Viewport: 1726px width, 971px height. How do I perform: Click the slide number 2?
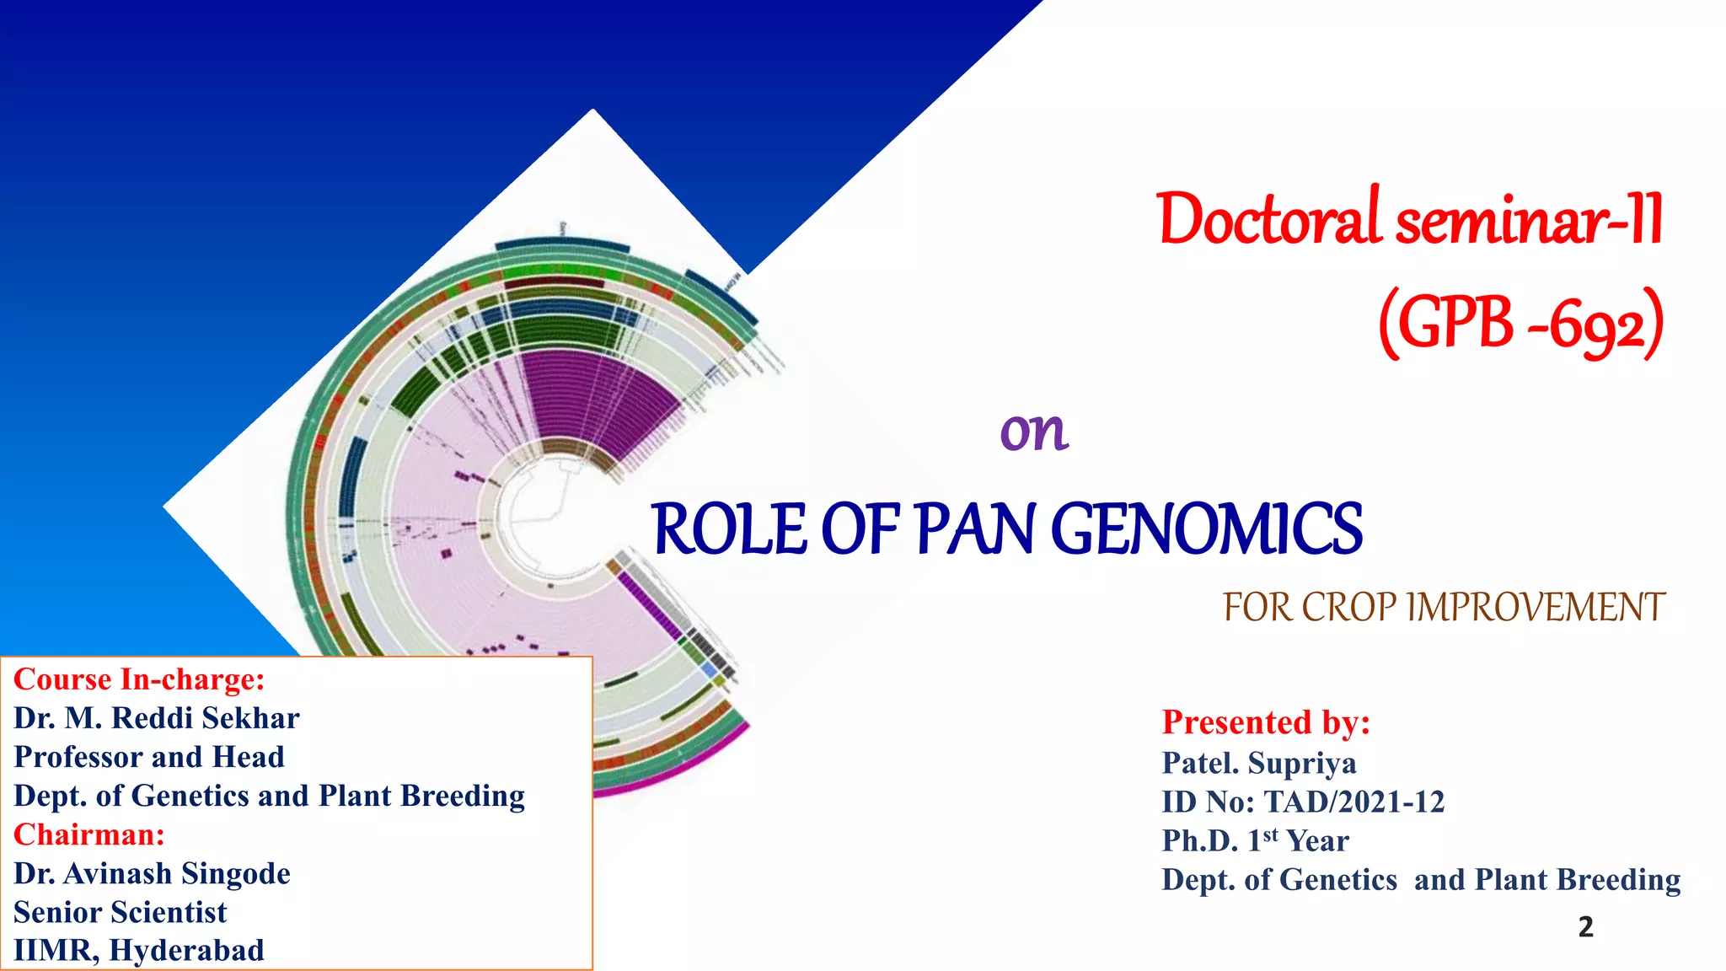[x=1585, y=927]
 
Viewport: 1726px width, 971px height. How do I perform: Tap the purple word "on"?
[x=1034, y=432]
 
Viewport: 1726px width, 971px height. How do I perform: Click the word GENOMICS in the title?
[x=1207, y=529]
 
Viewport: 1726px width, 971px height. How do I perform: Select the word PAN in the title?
[x=974, y=529]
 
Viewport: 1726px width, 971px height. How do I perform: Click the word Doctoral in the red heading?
[x=1269, y=219]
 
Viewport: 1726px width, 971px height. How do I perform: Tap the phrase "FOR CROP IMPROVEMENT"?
[x=1444, y=608]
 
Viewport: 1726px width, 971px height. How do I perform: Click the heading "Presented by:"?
[x=1266, y=722]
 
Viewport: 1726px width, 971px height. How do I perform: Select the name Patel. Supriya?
[x=1259, y=763]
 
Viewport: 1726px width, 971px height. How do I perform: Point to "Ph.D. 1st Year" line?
[x=1255, y=840]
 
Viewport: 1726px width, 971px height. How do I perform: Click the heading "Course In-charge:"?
[x=139, y=679]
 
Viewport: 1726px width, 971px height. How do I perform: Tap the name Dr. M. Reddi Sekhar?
[x=157, y=718]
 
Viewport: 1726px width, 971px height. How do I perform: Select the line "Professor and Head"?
[x=149, y=757]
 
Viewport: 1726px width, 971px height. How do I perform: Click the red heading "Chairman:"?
[x=89, y=834]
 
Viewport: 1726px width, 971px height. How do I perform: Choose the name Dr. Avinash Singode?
[x=152, y=873]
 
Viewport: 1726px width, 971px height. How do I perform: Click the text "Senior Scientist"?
[x=121, y=912]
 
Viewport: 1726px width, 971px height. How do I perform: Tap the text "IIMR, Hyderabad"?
[x=139, y=951]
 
